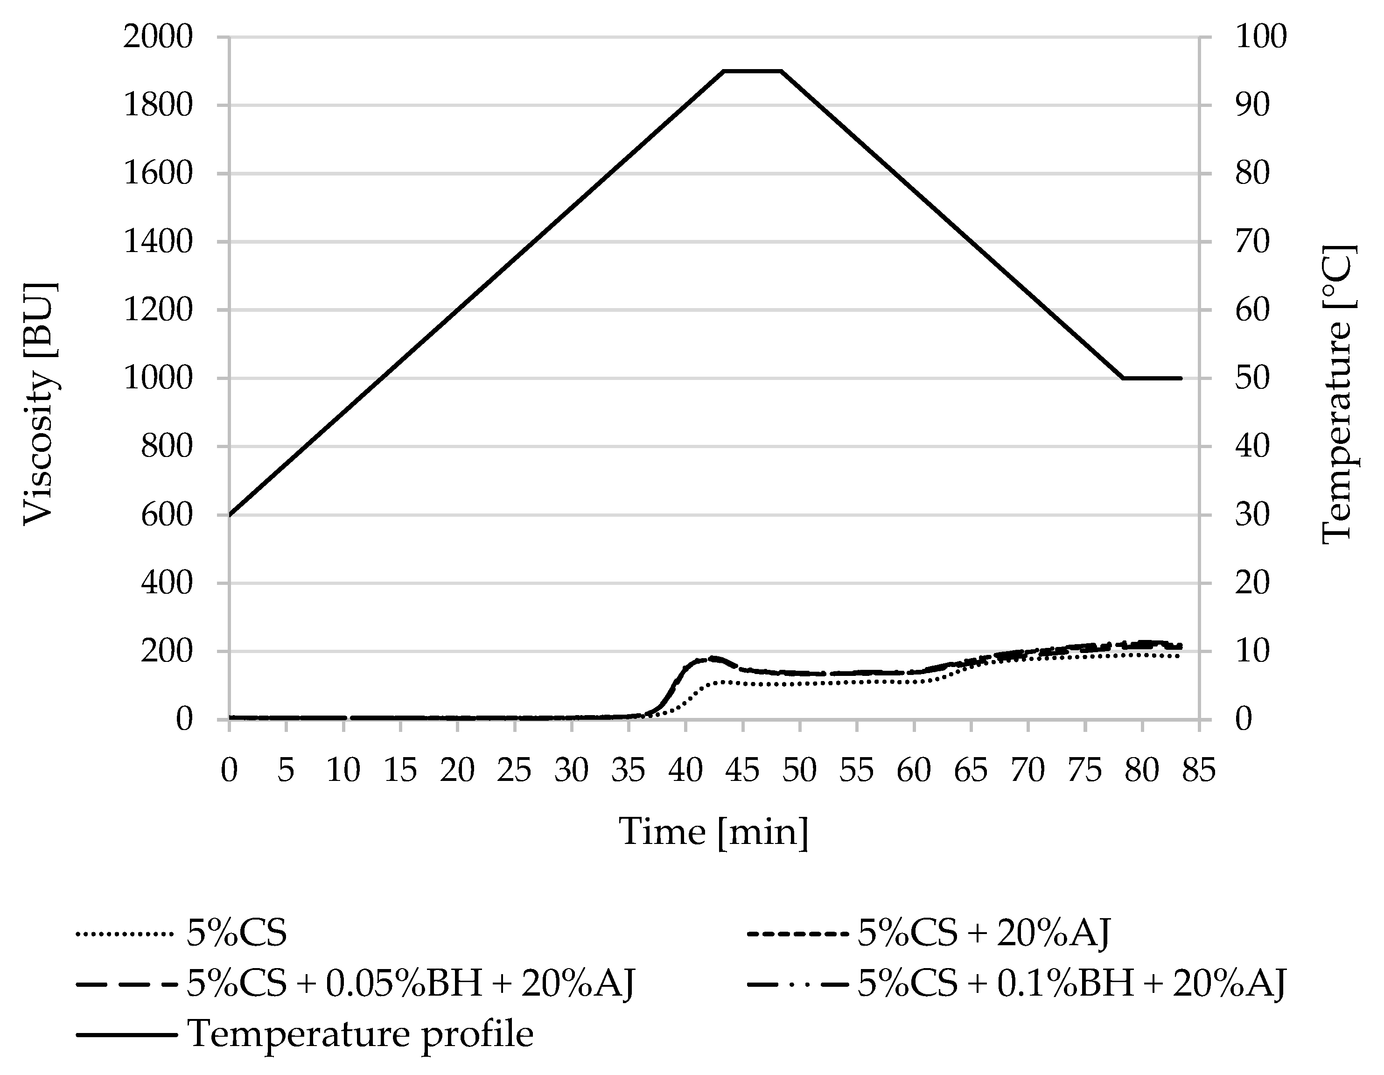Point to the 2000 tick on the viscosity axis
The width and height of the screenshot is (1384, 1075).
tap(158, 37)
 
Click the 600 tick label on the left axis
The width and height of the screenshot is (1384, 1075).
tap(166, 515)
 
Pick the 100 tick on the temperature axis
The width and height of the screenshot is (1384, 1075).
tap(1261, 37)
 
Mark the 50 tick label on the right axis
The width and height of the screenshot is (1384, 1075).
tap(1252, 379)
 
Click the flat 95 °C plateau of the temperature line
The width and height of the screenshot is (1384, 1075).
tap(752, 71)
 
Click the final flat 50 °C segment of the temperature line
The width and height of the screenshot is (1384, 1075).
tap(1152, 379)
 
